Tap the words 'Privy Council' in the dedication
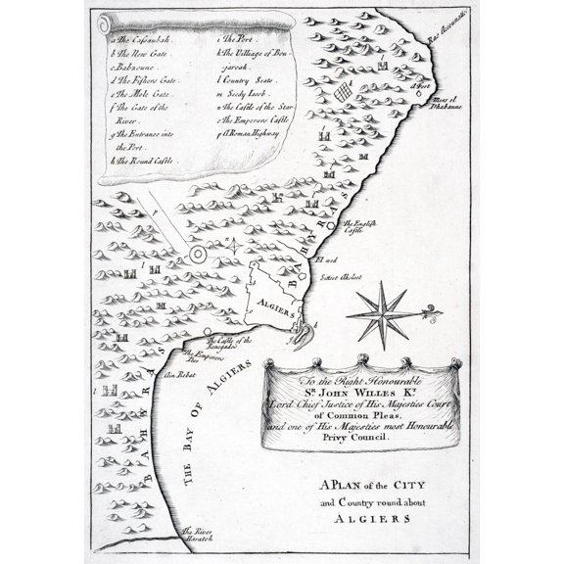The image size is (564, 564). tap(353, 440)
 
